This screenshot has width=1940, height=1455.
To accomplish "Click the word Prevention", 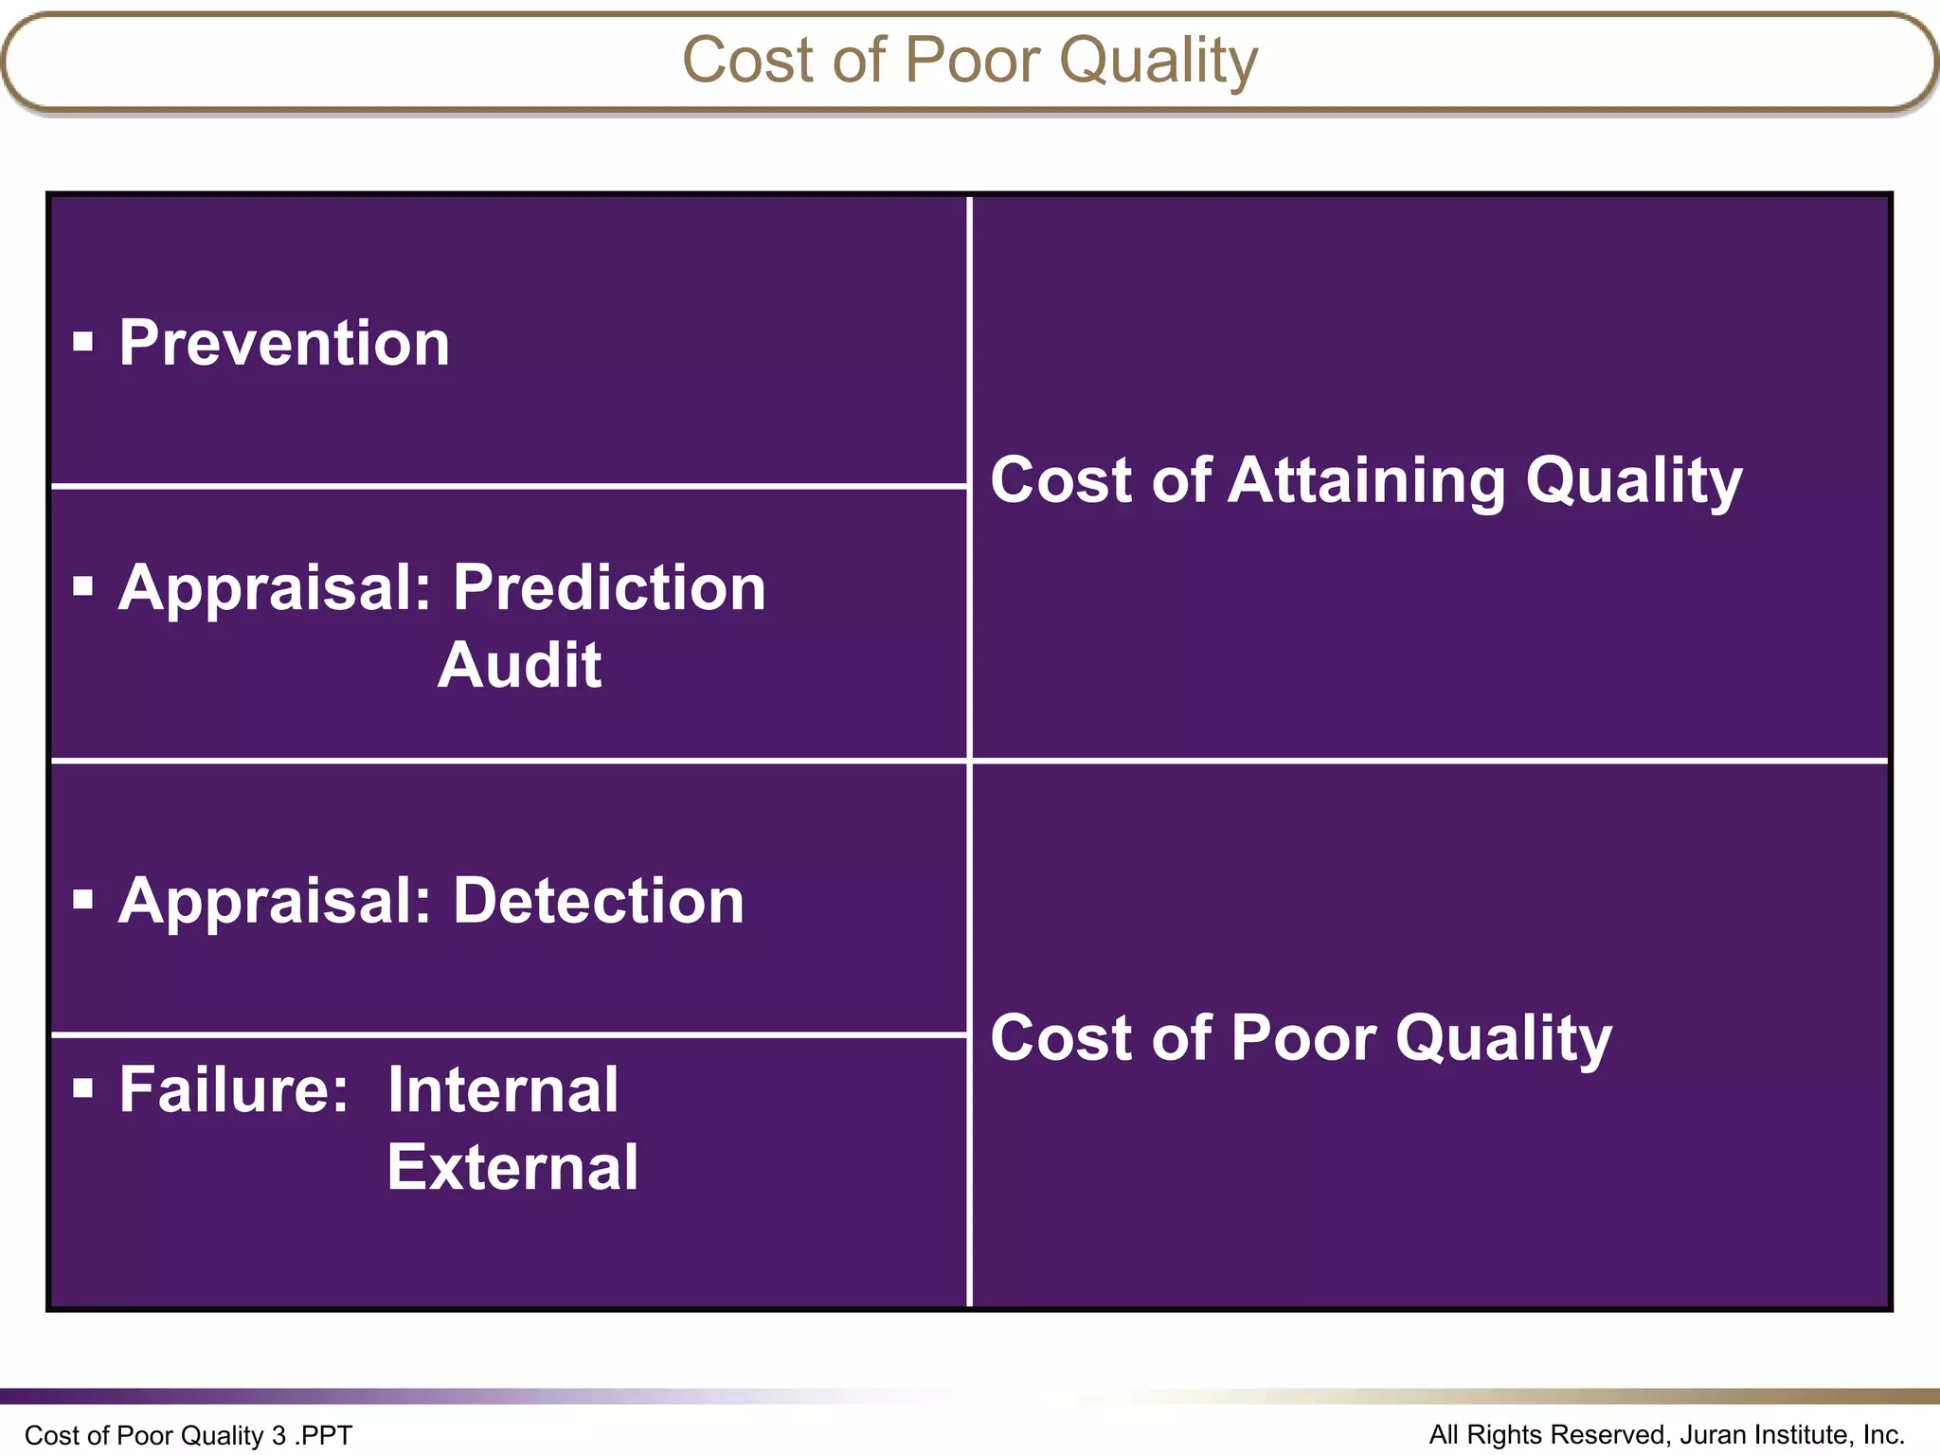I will [x=284, y=343].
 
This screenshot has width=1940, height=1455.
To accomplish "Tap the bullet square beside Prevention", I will [x=83, y=342].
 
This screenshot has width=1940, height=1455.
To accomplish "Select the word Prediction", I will [x=609, y=588].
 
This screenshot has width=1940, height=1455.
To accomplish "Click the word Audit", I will [x=519, y=665].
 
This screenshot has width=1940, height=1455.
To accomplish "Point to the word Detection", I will [x=599, y=900].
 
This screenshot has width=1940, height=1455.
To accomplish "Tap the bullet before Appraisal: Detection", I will [x=83, y=899].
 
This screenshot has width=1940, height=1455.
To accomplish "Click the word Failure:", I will [x=234, y=1089].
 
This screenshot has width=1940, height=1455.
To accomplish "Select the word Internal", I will [x=503, y=1089].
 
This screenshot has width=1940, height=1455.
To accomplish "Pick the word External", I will [x=512, y=1167].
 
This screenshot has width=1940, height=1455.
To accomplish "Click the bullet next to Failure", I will [x=83, y=1088].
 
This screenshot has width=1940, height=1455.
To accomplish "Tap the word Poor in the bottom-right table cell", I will [x=1303, y=1038].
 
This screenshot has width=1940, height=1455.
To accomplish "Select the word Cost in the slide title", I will [x=747, y=60].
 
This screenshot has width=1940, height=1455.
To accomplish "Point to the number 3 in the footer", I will [x=278, y=1435].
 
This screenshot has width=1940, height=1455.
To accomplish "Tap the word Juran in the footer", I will [x=1713, y=1434].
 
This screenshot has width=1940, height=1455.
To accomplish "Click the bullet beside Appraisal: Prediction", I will [x=83, y=586].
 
